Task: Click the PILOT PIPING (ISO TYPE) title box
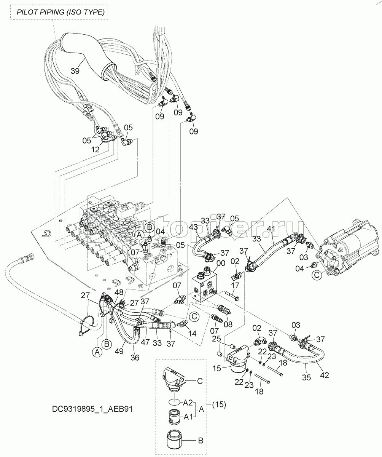(x=60, y=12)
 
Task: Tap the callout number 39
(x=75, y=71)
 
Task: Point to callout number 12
(x=95, y=149)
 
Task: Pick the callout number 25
(x=216, y=338)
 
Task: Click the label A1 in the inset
(x=188, y=417)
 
